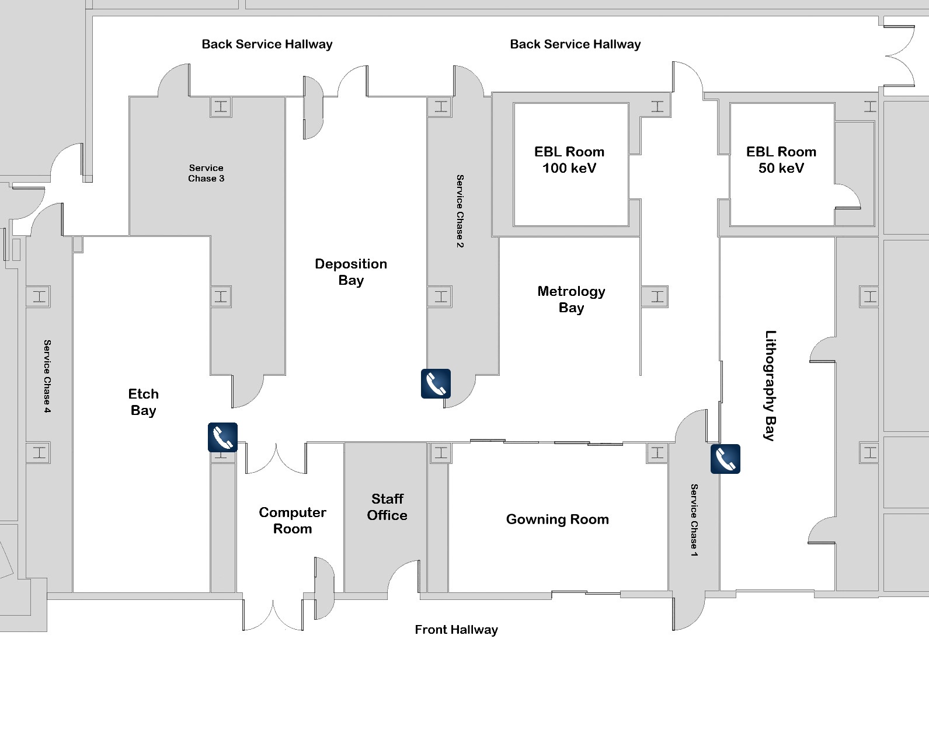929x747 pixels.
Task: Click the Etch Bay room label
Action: tap(143, 402)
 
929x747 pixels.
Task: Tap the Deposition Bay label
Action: tap(351, 272)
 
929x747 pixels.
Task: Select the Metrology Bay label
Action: tap(571, 299)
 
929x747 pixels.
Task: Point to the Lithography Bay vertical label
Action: tap(771, 385)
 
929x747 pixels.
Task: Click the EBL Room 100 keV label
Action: tap(569, 160)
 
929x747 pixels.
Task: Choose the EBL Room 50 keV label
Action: tap(781, 160)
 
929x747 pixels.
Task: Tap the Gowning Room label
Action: tap(557, 519)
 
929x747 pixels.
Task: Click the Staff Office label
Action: tap(387, 507)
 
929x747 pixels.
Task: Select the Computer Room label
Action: tap(293, 521)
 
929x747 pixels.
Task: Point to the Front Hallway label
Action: tap(456, 630)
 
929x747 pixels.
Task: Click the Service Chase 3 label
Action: tap(206, 173)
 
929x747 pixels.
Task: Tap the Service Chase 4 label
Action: tap(47, 376)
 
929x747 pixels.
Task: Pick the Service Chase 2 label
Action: tap(460, 211)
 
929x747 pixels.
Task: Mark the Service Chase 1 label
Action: tap(694, 520)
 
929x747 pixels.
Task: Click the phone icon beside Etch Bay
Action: tap(222, 437)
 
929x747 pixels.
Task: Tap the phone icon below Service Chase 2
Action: tap(436, 383)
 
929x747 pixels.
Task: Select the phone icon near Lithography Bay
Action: tap(726, 459)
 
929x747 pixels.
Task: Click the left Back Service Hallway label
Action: tap(267, 44)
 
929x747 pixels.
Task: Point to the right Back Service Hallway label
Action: tap(576, 44)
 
